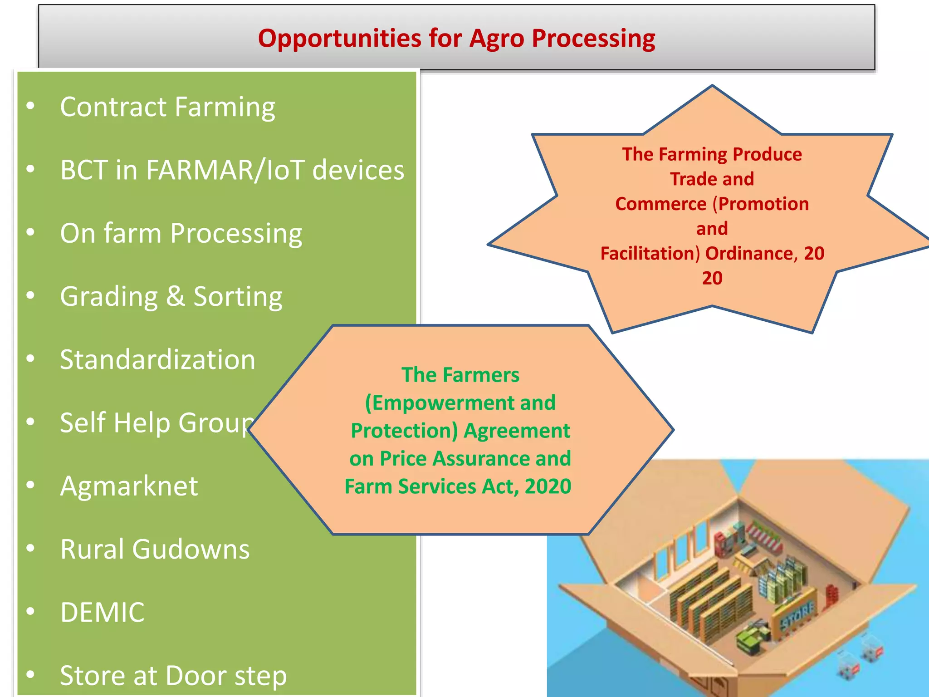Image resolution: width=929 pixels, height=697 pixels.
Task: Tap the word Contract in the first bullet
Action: tap(113, 107)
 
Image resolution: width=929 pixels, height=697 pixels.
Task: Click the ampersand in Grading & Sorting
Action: tap(176, 296)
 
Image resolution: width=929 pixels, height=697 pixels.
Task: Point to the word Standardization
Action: tap(157, 360)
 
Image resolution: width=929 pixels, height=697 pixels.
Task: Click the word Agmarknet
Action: tap(129, 486)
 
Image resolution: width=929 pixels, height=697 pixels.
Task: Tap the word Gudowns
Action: tap(191, 550)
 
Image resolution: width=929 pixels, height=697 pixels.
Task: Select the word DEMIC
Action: tap(103, 613)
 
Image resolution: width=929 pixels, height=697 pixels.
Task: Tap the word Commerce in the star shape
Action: tap(660, 204)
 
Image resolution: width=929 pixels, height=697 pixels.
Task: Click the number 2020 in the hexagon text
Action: tap(548, 486)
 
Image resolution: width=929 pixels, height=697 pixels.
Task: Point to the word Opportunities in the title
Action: tap(340, 39)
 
